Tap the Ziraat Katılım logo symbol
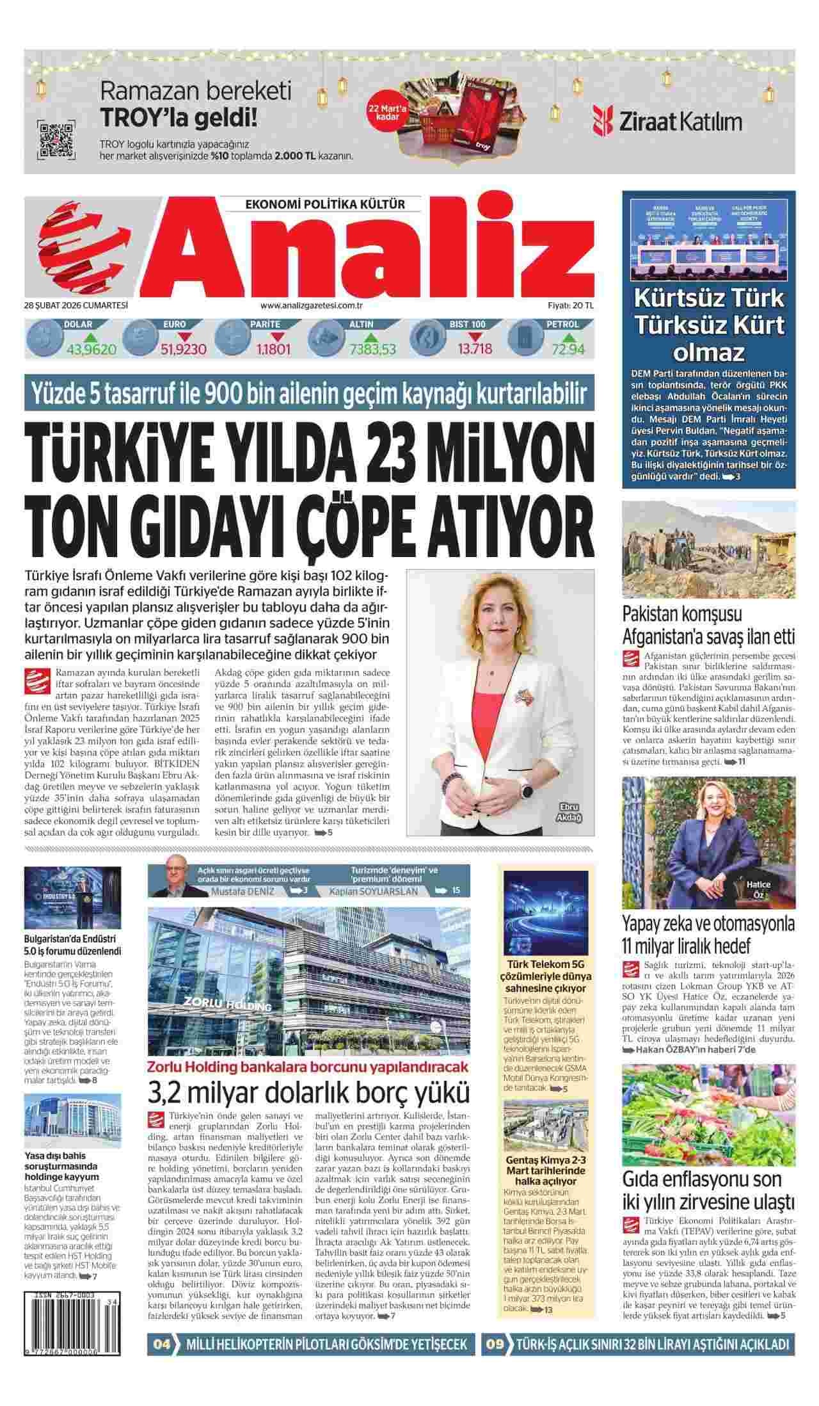click(x=603, y=122)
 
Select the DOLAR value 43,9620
click(x=91, y=349)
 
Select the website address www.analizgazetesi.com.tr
click(x=312, y=306)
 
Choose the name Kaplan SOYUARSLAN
click(x=374, y=891)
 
